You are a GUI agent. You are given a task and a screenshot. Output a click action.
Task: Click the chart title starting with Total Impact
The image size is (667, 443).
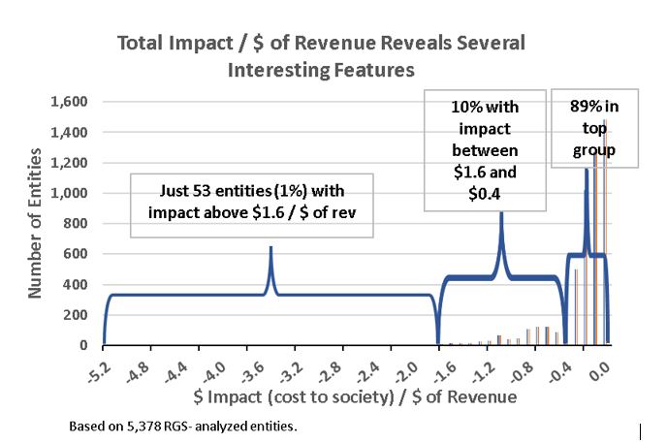click(321, 56)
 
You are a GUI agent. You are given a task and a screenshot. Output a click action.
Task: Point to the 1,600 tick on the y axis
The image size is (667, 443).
click(69, 102)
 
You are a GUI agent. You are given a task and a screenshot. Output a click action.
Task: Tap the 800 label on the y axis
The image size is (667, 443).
click(76, 223)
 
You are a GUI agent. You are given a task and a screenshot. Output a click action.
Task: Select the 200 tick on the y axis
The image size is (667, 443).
click(76, 315)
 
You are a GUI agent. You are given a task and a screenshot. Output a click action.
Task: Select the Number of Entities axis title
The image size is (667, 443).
click(35, 223)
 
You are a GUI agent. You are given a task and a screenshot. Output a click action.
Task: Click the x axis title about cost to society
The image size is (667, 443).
click(355, 396)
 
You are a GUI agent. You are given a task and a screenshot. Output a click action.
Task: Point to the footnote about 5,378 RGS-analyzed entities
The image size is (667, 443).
click(183, 426)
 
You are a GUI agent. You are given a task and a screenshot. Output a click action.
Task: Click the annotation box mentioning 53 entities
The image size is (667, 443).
click(252, 206)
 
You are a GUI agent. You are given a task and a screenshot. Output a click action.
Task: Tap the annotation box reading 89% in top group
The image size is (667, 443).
click(594, 128)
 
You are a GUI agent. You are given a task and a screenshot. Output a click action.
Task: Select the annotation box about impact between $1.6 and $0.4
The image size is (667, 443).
click(485, 150)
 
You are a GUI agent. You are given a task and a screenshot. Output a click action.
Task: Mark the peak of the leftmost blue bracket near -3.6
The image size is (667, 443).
click(271, 247)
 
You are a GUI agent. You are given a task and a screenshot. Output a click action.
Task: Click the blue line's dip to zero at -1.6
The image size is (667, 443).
click(438, 343)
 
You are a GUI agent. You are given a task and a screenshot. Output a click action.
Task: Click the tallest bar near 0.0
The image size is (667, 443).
click(605, 232)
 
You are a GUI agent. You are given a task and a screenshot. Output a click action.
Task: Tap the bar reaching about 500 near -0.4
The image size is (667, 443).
click(576, 307)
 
